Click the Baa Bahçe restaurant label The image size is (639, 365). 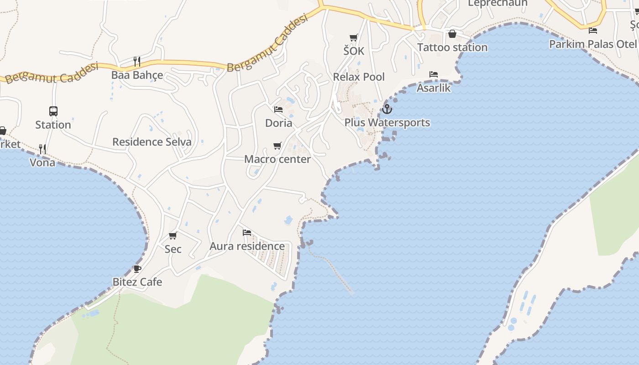[137, 75]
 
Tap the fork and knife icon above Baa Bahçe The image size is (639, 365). [136, 61]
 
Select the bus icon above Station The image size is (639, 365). [53, 111]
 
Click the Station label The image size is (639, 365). [53, 125]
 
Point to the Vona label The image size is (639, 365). [42, 162]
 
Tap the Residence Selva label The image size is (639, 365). [152, 142]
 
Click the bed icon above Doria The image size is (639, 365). [278, 109]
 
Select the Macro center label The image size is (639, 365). [278, 159]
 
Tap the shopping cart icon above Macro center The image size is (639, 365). [277, 146]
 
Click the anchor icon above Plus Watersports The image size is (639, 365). [387, 109]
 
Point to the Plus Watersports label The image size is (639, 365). [387, 122]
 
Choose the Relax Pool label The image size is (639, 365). [359, 77]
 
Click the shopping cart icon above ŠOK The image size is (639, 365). [354, 38]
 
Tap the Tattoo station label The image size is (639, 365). [452, 47]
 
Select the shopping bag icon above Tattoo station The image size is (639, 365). [452, 34]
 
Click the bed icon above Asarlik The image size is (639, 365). [434, 74]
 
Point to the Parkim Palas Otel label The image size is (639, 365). [592, 44]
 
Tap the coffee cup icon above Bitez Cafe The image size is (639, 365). [137, 269]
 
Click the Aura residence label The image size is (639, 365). [247, 246]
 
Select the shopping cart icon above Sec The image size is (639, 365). [173, 236]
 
